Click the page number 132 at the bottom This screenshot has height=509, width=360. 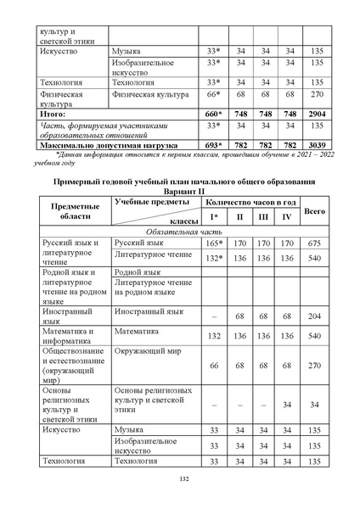coord(183,480)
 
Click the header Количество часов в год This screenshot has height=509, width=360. coord(251,203)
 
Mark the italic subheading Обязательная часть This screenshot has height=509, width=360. coord(184,231)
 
